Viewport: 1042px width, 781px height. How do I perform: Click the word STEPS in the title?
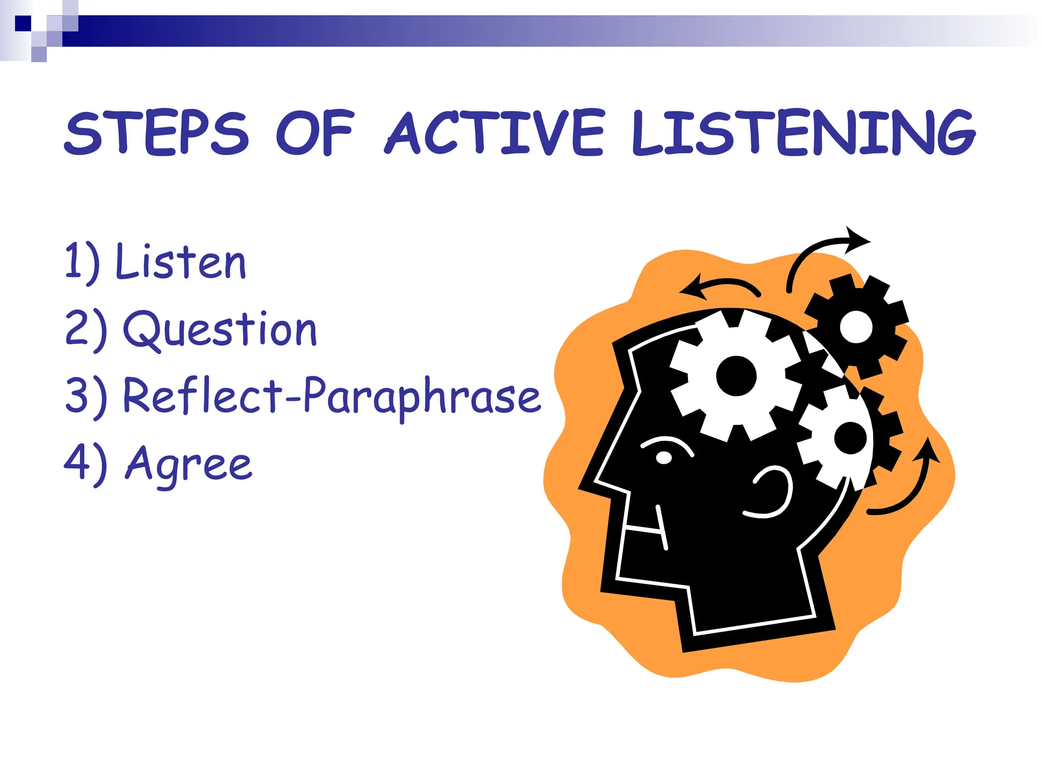pos(157,133)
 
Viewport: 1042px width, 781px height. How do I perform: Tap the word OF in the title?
pos(314,133)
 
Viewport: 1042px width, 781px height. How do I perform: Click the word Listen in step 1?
pos(181,262)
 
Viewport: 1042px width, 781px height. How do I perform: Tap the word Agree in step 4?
pos(188,464)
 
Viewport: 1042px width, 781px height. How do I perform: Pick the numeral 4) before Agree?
pos(85,464)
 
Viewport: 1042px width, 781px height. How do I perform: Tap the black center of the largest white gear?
pos(736,376)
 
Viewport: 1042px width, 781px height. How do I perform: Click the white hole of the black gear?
pos(856,327)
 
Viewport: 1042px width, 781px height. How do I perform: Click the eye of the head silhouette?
pos(663,457)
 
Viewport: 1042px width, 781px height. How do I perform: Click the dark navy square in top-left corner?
pos(23,23)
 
